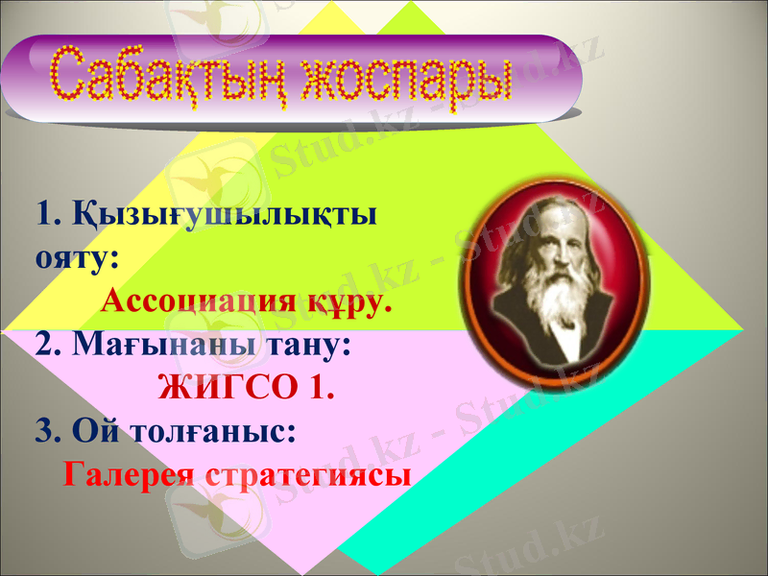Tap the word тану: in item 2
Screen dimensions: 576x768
click(308, 345)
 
